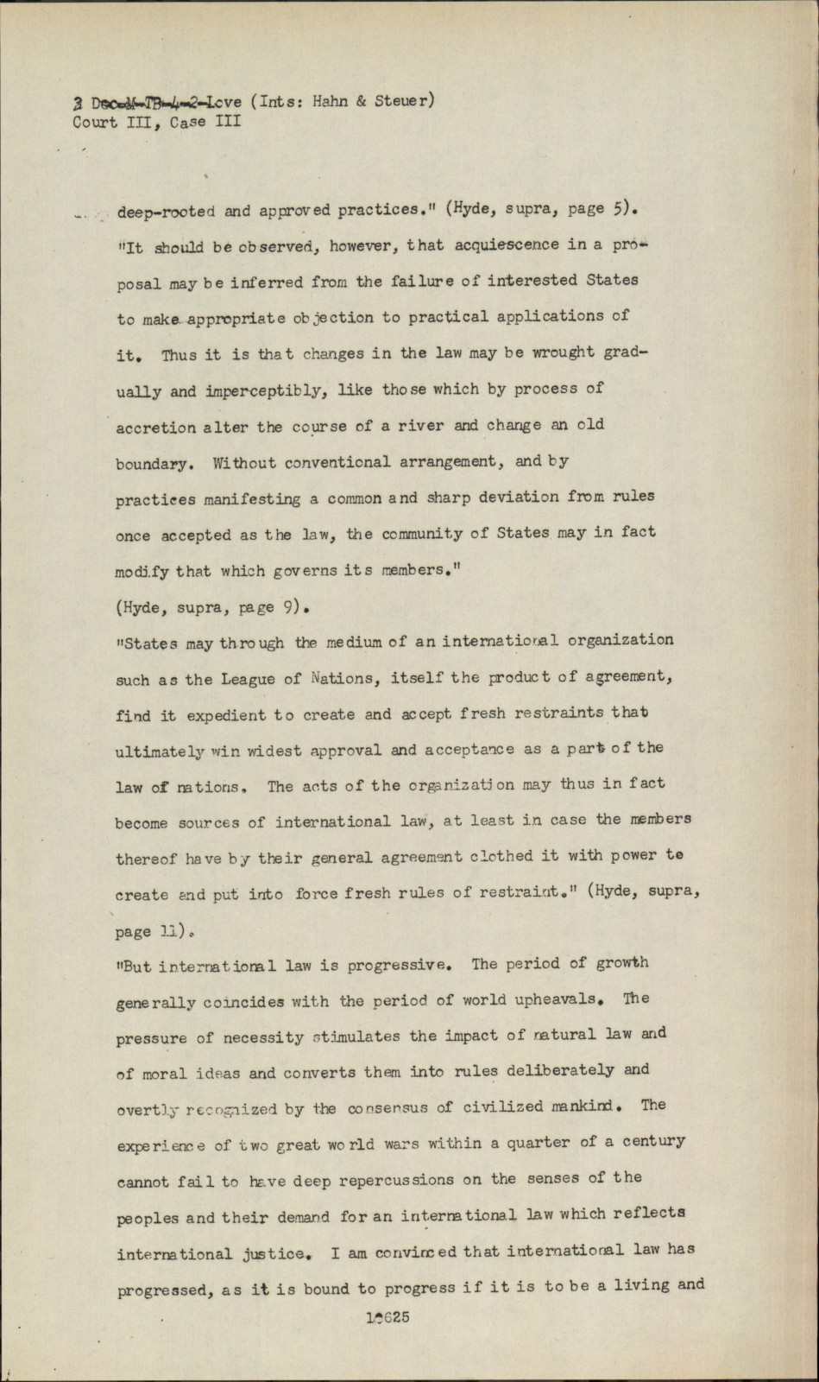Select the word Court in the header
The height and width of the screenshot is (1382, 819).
(x=95, y=122)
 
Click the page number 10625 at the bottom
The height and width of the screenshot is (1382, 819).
(x=387, y=1318)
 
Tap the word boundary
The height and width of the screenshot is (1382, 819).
(x=152, y=463)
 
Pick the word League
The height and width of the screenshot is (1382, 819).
(x=243, y=679)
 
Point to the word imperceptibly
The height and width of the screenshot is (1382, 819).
(x=264, y=390)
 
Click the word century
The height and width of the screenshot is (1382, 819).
(x=653, y=1141)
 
